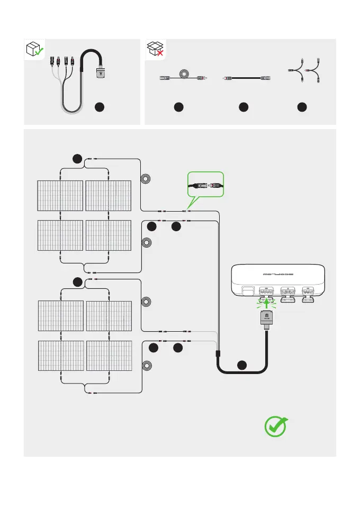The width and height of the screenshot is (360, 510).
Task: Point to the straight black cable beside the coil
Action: (x=244, y=78)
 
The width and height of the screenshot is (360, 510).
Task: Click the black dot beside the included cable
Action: (x=98, y=107)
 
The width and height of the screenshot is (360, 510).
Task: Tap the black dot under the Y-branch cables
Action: (x=301, y=107)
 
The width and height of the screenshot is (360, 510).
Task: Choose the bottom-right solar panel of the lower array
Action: (x=109, y=357)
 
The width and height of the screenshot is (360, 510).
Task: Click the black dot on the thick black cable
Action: (x=242, y=364)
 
